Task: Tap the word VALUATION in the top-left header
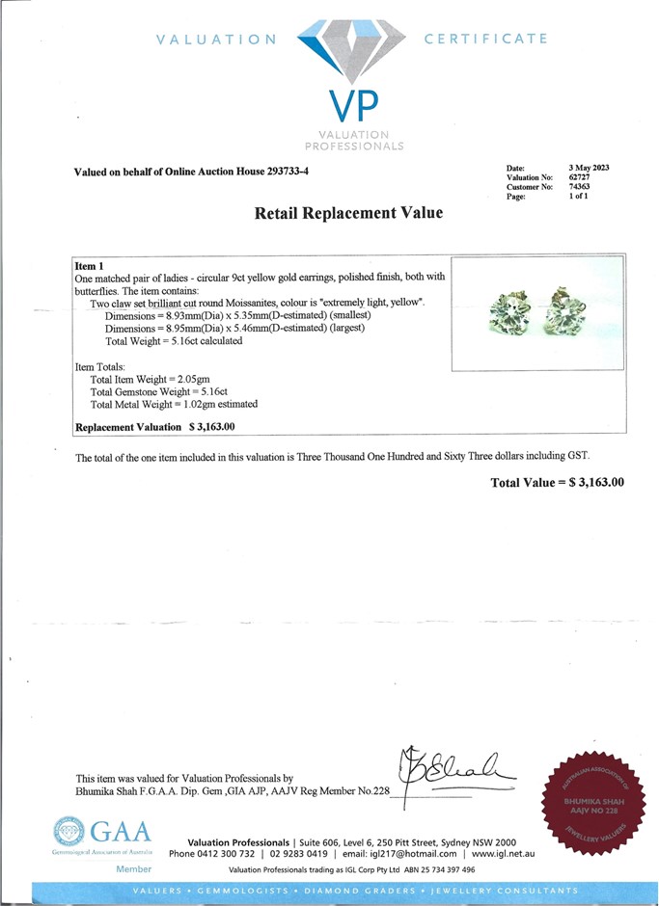215,40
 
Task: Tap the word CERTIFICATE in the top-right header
485,40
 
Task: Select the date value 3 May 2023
590,168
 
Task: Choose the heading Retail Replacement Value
348,213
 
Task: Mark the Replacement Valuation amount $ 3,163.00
212,426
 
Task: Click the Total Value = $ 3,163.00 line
558,482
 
